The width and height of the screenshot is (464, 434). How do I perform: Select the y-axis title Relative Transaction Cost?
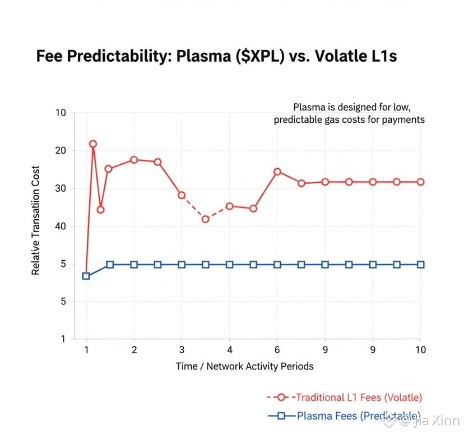point(36,220)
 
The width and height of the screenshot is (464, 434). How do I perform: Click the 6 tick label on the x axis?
point(277,350)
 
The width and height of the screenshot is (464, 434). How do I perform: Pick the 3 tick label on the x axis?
point(182,350)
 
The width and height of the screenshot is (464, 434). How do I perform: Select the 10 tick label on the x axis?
point(420,350)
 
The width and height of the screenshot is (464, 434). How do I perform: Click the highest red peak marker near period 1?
point(93,144)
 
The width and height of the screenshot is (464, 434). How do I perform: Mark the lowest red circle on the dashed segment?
point(206,219)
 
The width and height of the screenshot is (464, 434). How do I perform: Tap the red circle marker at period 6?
point(277,172)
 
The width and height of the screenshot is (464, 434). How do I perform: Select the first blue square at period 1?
point(86,276)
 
